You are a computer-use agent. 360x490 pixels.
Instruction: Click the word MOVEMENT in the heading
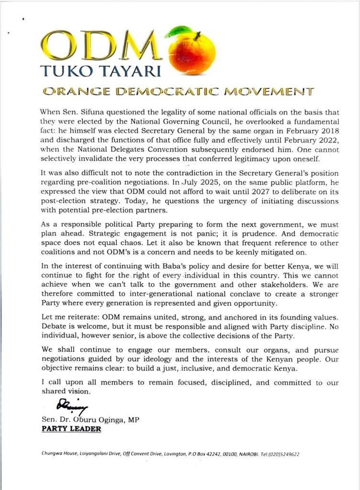(271, 90)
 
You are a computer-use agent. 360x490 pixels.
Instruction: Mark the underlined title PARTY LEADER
(71, 429)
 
